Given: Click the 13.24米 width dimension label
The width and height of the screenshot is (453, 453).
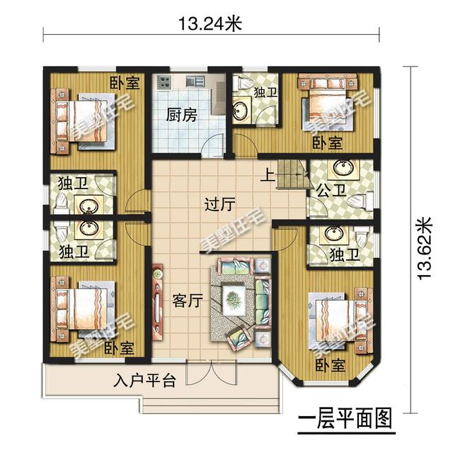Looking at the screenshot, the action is point(210,23).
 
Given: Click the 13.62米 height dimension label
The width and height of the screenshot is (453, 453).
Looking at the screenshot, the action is point(425,248).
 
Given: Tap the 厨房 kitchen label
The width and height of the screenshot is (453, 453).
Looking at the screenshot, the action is point(181,115).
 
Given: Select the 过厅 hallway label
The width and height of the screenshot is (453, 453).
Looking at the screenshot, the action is point(219,204).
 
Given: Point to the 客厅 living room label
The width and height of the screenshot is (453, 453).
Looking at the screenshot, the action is point(188,301).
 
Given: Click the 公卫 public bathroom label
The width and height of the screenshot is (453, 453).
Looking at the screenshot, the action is point(331,190).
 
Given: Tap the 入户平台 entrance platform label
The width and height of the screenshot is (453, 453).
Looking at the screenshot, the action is point(144,380).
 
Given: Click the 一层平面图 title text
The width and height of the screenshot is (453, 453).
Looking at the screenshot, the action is point(345,418).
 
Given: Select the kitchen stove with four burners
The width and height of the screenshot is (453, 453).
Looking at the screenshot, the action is point(164,82).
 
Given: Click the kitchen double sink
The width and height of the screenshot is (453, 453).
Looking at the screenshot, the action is point(195,81).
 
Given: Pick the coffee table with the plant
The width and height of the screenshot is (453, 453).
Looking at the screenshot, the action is point(234,299).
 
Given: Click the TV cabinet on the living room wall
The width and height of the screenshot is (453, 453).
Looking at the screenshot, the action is point(158,302).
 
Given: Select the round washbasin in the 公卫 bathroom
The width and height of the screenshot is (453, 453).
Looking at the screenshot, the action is point(343,167).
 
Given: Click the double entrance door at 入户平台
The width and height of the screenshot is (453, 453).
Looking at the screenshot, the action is point(212,373).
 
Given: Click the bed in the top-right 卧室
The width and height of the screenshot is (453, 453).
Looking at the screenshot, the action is point(327,100).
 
